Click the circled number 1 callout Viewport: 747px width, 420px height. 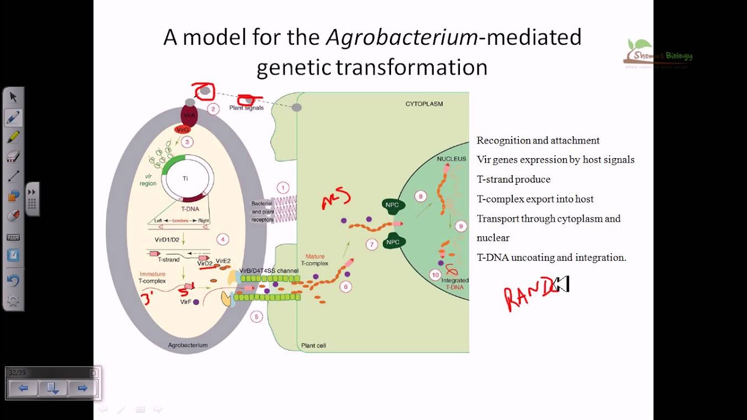(x=283, y=188)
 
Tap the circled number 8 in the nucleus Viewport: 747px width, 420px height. (x=420, y=197)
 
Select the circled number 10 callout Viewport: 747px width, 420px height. (x=435, y=275)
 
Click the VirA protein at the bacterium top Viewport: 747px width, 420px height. (x=189, y=115)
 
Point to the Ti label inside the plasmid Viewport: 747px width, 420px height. (x=186, y=178)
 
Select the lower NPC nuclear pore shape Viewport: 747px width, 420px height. (x=393, y=242)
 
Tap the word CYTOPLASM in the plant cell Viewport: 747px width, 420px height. (x=424, y=104)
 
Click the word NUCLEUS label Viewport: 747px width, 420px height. (x=451, y=159)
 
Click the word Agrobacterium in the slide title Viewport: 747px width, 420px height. (x=402, y=38)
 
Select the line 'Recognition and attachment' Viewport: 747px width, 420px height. (x=537, y=141)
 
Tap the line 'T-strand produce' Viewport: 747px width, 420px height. (x=513, y=180)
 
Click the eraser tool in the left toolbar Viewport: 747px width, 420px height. (x=13, y=156)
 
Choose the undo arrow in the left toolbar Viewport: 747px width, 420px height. (x=13, y=280)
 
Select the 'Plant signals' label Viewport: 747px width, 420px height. (x=246, y=108)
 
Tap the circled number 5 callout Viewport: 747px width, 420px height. (x=256, y=317)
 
